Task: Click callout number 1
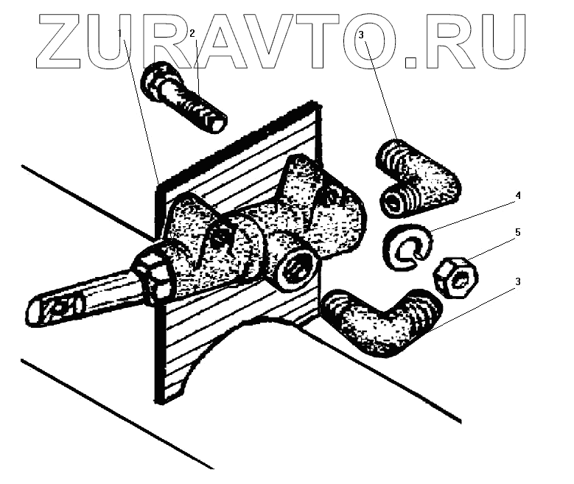point(122,34)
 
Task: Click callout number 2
point(192,34)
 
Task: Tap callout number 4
point(518,196)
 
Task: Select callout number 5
point(518,232)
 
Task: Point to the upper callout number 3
point(362,34)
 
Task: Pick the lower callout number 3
point(519,281)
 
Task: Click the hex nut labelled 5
point(457,276)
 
